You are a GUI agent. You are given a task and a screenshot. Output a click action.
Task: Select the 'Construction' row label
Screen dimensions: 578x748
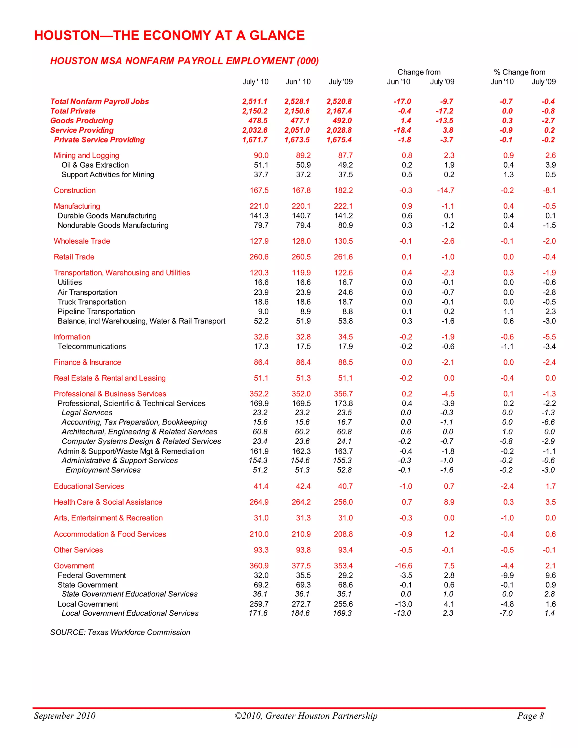pyautogui.click(x=75, y=191)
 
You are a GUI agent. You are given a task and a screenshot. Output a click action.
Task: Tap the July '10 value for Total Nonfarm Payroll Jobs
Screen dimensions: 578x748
pyautogui.click(x=255, y=101)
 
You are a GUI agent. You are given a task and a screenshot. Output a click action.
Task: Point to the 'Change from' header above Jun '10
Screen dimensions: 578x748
pyautogui.click(x=419, y=72)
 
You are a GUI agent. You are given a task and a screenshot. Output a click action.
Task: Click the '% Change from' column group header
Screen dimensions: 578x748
pyautogui.click(x=520, y=72)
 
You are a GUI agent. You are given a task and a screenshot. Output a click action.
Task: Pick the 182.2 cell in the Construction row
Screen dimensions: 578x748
pyautogui.click(x=343, y=191)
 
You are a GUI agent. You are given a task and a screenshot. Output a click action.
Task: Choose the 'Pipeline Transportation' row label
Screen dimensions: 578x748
pyautogui.click(x=96, y=312)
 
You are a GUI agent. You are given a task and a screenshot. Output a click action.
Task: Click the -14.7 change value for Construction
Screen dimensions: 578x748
pyautogui.click(x=445, y=191)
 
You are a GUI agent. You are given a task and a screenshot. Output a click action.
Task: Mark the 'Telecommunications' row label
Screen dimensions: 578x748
pyautogui.click(x=92, y=347)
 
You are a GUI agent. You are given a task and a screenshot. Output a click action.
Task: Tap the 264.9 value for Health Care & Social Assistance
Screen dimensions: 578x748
pyautogui.click(x=259, y=502)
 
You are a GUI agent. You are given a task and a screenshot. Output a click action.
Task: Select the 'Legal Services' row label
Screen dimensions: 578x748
pyautogui.click(x=87, y=413)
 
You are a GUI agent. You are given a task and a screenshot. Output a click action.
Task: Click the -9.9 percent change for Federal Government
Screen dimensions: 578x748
pyautogui.click(x=507, y=575)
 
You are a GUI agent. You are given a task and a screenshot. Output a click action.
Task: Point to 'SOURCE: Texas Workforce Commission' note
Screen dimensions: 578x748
pyautogui.click(x=120, y=632)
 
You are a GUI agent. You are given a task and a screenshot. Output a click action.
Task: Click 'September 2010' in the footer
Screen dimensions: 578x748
pyautogui.click(x=65, y=716)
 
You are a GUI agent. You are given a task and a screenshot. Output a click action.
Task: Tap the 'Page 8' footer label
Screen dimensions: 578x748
pyautogui.click(x=530, y=716)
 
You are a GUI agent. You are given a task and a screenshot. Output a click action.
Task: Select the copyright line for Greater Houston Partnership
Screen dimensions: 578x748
pyautogui.click(x=306, y=716)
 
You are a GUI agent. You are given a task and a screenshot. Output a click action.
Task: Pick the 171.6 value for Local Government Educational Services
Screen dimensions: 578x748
pyautogui.click(x=258, y=613)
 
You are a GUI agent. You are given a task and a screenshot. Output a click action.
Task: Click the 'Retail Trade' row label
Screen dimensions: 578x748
pyautogui.click(x=74, y=257)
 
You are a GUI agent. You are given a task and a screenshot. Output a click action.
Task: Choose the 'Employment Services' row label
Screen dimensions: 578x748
pyautogui.click(x=103, y=470)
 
